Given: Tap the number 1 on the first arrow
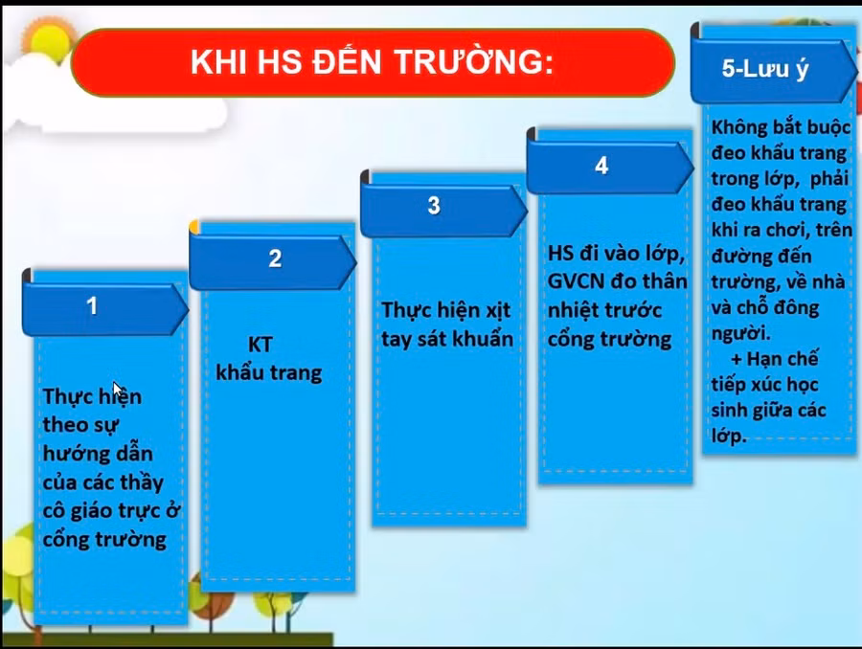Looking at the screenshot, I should point(92,306).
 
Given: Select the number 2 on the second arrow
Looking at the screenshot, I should point(275,258).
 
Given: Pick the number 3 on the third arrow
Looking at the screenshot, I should point(434,206).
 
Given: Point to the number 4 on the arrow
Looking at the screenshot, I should point(601,166).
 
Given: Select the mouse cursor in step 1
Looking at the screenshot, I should point(118,390).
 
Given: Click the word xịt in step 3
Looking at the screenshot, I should point(495,311).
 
